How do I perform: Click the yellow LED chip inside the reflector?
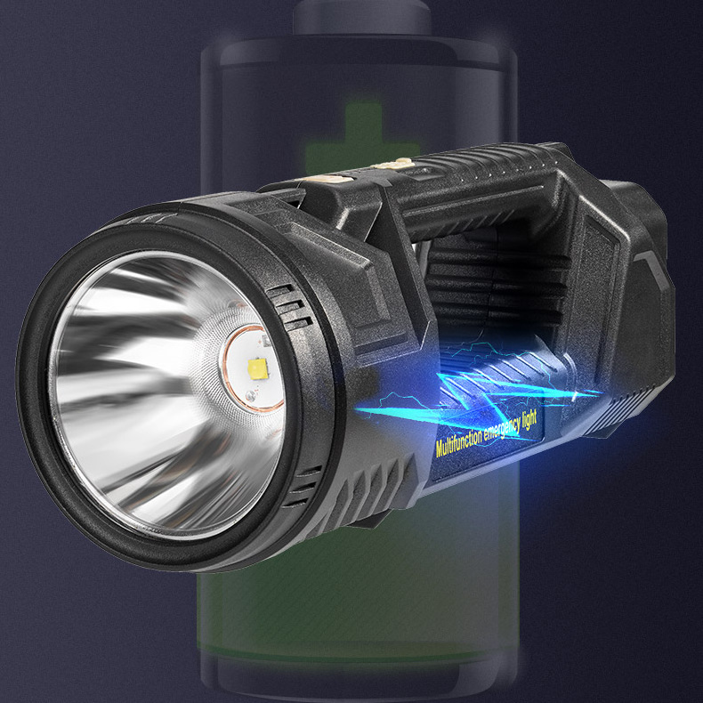coord(258,368)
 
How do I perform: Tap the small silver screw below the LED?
coord(250,396)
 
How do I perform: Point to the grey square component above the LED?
coord(265,342)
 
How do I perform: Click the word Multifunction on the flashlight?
coord(458,440)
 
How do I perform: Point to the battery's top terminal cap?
coord(361,17)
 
